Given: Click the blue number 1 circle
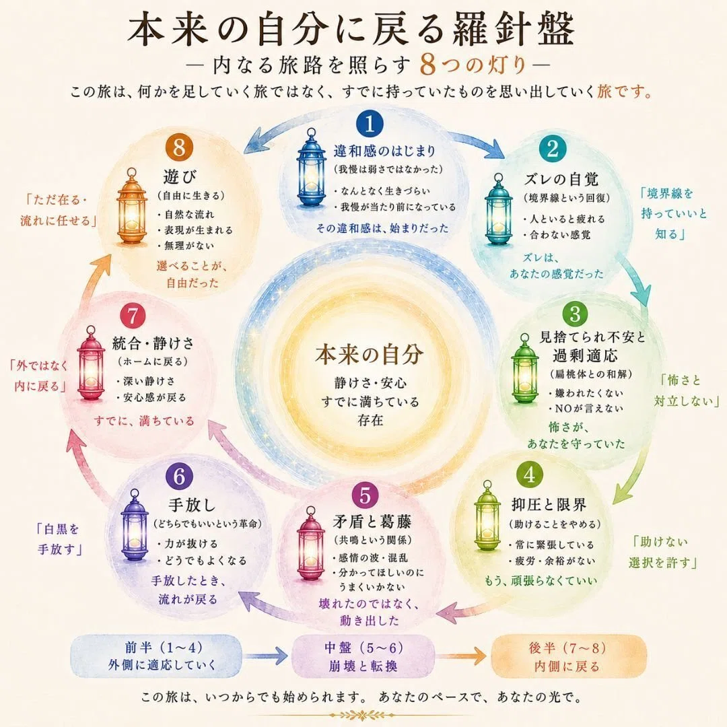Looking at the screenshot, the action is (370, 124).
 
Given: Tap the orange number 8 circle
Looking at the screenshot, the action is (179, 148).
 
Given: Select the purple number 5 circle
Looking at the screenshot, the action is (366, 495).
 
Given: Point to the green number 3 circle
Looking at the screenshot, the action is (575, 314).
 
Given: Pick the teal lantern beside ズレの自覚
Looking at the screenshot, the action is (498, 210).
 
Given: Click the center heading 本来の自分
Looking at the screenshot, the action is (370, 355).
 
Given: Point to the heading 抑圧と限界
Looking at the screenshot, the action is (549, 504).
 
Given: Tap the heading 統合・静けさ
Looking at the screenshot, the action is (153, 343).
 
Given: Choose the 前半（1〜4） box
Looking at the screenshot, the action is (155, 656).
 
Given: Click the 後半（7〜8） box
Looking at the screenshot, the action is (567, 656).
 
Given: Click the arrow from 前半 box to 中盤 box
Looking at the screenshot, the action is (267, 656).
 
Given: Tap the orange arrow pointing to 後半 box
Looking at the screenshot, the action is (462, 656).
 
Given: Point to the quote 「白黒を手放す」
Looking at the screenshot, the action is (58, 539).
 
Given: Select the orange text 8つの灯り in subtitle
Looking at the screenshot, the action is (473, 64).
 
